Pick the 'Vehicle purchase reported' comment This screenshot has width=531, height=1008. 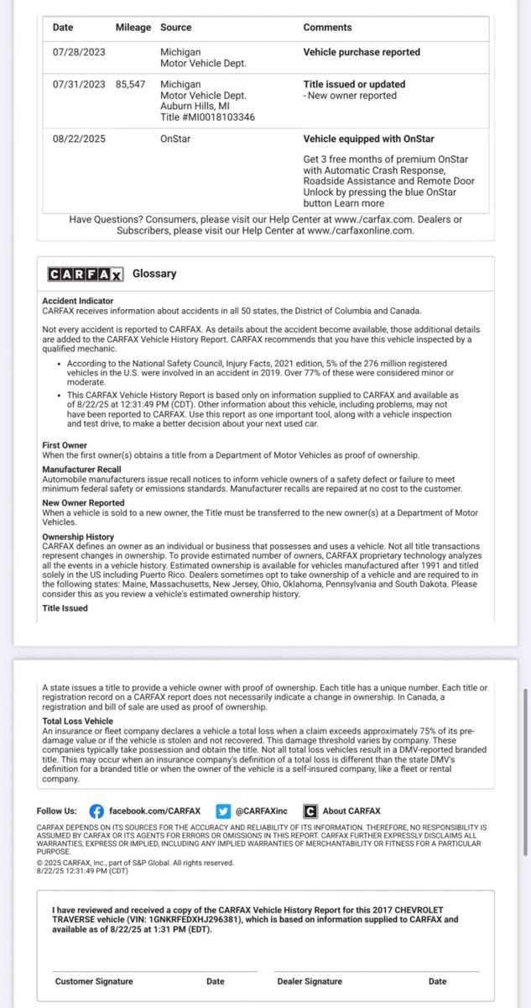click(362, 52)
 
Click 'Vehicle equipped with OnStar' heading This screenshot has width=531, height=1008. click(368, 139)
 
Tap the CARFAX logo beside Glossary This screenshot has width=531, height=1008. click(86, 274)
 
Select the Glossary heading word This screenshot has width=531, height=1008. click(154, 274)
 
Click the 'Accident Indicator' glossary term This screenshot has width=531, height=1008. click(78, 301)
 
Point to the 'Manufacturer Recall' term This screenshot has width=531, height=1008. click(81, 470)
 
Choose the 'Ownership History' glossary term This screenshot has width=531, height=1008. click(78, 537)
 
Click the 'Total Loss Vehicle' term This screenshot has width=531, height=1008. click(77, 721)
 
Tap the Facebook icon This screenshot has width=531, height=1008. click(96, 811)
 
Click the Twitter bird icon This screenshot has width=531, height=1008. click(222, 811)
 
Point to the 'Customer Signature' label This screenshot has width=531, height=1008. click(94, 981)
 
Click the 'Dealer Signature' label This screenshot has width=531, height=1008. click(310, 981)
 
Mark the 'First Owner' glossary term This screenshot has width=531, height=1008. click(65, 444)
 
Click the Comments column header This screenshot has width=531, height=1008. click(327, 28)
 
